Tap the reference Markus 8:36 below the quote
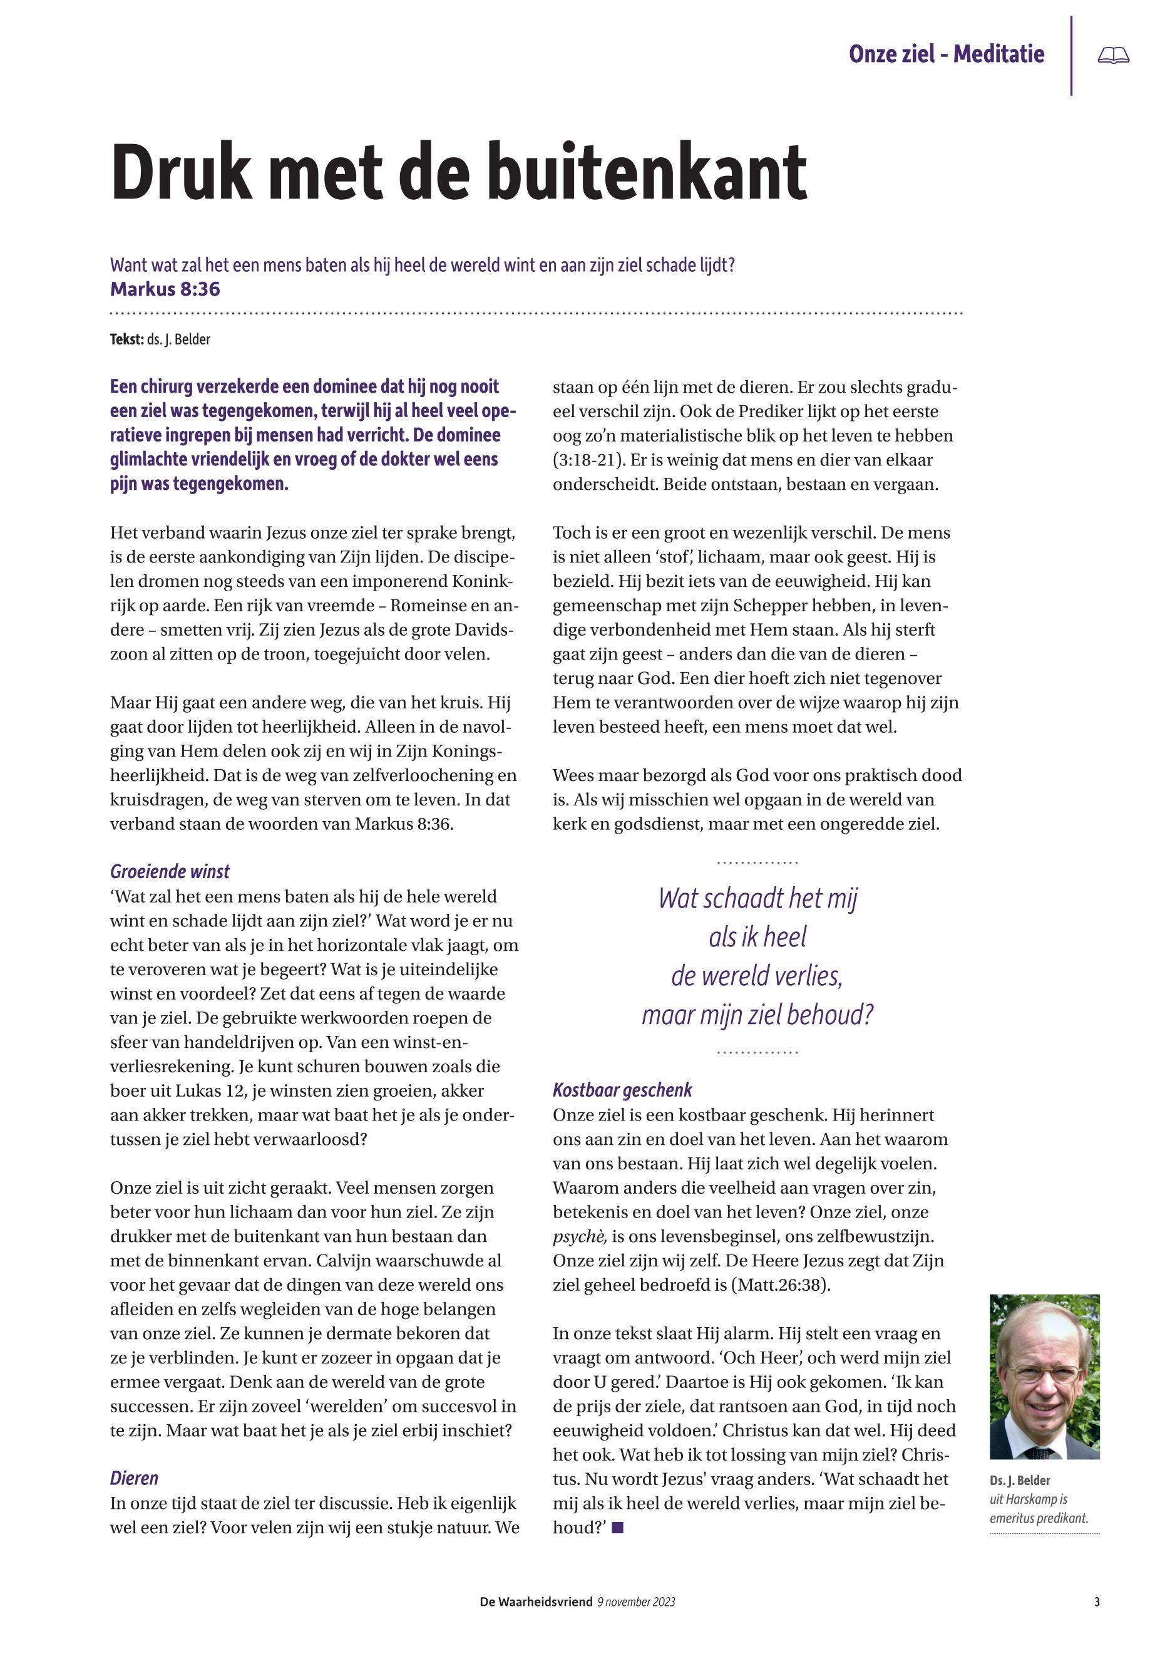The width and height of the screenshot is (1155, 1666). (165, 289)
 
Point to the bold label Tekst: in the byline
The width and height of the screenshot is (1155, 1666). (126, 339)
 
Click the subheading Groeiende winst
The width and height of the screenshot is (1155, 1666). (170, 872)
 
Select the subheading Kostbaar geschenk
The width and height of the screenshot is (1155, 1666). (622, 1090)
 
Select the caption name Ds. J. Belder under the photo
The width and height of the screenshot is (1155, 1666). (1020, 1481)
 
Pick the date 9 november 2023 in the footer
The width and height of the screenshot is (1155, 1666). (636, 1602)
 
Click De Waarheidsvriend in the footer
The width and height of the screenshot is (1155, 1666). (536, 1602)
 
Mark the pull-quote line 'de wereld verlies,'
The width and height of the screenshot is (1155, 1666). (757, 976)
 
